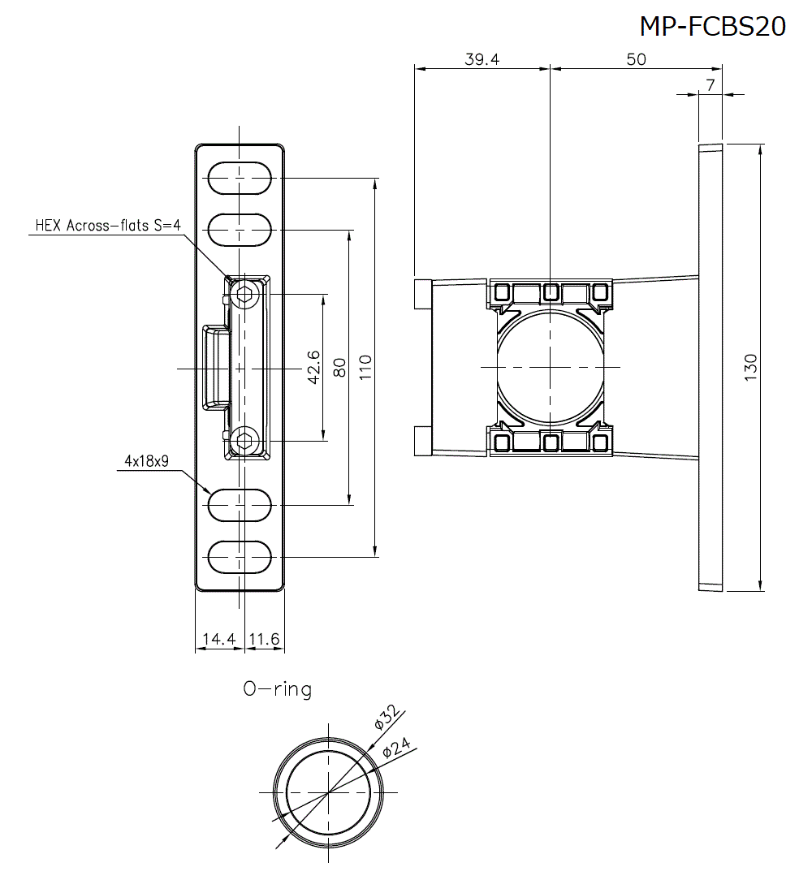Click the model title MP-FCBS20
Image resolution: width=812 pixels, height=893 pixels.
712,26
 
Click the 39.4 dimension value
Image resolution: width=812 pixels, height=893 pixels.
482,60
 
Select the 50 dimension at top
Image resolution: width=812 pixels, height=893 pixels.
637,60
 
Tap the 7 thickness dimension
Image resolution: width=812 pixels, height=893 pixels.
710,85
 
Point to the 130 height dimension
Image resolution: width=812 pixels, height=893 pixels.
750,368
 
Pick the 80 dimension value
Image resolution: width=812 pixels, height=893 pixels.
339,368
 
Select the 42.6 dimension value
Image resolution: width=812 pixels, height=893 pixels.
314,368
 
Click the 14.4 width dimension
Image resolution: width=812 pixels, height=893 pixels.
218,640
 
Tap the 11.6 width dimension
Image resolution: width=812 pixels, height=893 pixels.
264,640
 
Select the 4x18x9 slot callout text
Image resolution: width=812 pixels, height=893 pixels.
146,461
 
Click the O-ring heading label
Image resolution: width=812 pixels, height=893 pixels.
277,689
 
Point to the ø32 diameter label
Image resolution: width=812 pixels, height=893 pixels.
387,718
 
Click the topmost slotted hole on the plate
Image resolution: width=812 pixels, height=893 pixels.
240,179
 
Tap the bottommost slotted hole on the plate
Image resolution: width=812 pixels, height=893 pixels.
240,557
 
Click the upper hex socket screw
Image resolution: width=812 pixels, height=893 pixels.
244,296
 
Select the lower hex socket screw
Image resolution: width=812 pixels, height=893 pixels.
244,441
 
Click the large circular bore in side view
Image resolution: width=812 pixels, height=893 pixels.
550,368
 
